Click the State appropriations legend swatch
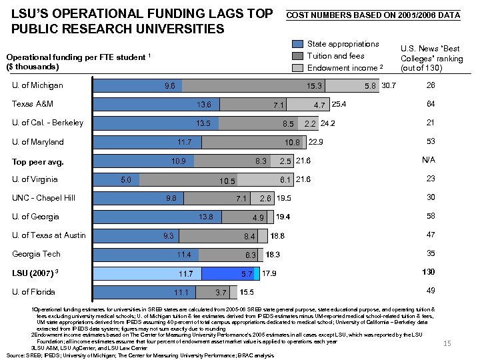[297, 44]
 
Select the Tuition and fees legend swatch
[297, 56]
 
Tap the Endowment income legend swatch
[297, 68]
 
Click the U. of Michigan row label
[38, 85]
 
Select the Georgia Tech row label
[37, 254]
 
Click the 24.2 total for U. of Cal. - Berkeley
[328, 123]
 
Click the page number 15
[447, 343]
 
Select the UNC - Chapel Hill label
[44, 198]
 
